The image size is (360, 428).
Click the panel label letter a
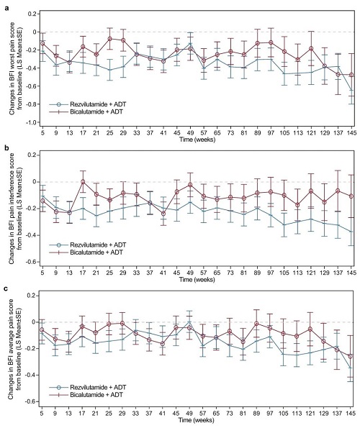tap(6, 8)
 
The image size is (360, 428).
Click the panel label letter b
tap(6, 148)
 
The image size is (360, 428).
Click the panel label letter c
tap(6, 288)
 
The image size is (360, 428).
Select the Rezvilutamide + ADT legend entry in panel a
tap(88, 104)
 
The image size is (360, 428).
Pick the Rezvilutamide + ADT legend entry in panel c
tap(88, 387)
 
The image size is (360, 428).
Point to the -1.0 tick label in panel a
tap(31, 122)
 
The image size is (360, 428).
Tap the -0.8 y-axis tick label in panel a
tap(31, 104)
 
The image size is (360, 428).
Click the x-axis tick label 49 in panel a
tap(190, 133)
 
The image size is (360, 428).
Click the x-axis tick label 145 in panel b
tap(351, 273)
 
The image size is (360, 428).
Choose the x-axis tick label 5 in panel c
tap(42, 414)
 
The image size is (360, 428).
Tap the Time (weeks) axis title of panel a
tap(197, 140)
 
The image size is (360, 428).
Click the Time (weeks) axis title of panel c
tap(197, 420)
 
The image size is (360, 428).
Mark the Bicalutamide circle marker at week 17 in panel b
tap(83, 182)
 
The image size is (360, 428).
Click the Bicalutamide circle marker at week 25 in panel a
tap(110, 39)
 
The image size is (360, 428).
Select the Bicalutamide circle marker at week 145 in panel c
tap(351, 356)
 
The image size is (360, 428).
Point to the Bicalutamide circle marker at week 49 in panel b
tap(190, 185)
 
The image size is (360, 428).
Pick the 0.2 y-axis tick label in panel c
tap(32, 296)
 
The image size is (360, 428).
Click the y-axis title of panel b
tap(15, 209)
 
